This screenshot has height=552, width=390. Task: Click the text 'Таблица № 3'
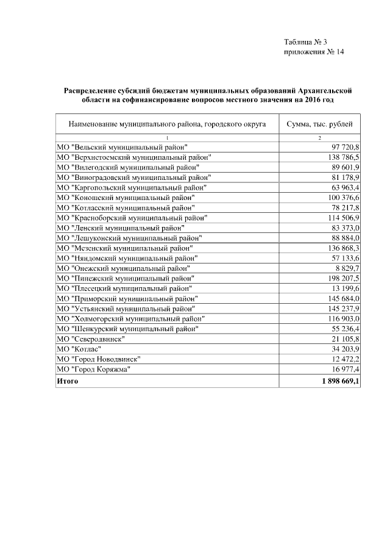(x=305, y=42)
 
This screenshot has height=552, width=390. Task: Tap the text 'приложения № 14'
(x=314, y=52)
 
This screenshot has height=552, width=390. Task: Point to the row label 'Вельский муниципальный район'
(x=121, y=148)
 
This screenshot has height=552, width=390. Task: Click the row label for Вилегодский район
(x=127, y=167)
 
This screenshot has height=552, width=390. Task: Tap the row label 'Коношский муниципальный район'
(x=125, y=197)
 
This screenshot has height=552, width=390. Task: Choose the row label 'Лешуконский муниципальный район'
(x=129, y=237)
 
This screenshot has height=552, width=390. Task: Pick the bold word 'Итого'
(x=67, y=381)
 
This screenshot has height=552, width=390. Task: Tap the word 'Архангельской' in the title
(x=323, y=90)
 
